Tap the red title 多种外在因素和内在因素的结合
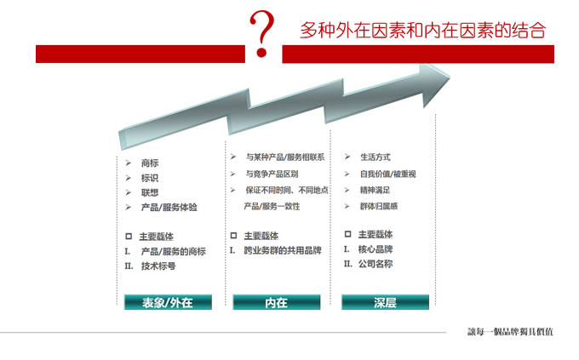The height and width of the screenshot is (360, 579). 423,30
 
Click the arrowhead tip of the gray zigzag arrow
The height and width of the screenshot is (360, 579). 450,77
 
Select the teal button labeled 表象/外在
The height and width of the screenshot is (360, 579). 168,302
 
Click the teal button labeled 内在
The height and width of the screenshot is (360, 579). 277,302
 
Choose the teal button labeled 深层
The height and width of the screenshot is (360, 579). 385,302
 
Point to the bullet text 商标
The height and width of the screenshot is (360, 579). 150,163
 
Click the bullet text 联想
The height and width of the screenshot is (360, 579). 150,192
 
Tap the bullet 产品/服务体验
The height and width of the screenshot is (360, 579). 169,207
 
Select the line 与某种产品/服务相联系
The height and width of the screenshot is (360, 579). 285,157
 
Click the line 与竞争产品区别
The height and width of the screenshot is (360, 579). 272,174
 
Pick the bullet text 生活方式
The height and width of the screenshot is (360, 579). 375,157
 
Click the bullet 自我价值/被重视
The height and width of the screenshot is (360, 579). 388,174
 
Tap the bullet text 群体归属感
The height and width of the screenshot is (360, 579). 379,206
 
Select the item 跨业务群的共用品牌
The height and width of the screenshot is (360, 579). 283,250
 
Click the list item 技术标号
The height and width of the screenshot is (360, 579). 158,266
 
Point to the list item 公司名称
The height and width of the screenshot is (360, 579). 375,264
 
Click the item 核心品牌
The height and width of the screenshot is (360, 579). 375,249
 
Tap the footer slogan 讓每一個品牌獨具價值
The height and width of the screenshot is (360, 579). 511,332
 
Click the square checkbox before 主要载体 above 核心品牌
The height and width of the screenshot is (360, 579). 347,234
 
